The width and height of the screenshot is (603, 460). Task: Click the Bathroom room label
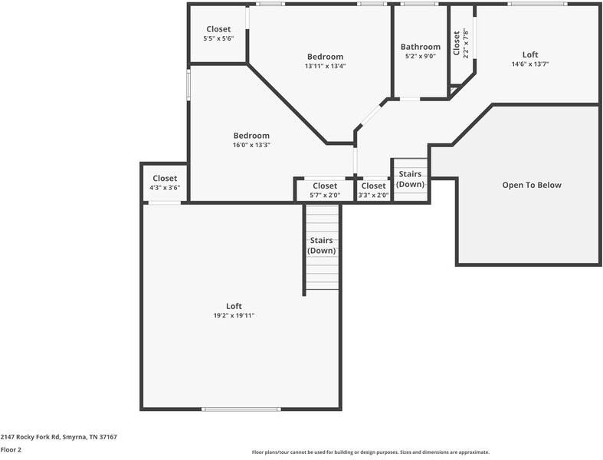tap(421, 47)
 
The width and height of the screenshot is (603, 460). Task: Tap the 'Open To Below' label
tap(531, 185)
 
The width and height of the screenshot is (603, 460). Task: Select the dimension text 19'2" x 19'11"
tap(234, 315)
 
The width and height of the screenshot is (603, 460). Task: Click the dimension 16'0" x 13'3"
tap(251, 145)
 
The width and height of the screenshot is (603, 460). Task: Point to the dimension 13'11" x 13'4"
tap(325, 66)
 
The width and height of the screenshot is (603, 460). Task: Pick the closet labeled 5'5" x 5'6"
tap(218, 34)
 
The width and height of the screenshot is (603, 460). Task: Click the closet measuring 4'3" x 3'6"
tap(165, 183)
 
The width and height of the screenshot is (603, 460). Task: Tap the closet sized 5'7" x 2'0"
tap(324, 190)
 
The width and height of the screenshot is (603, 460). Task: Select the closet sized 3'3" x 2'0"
tap(373, 190)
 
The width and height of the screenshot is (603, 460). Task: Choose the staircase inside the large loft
tap(322, 247)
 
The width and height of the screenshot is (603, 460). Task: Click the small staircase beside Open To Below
tap(410, 179)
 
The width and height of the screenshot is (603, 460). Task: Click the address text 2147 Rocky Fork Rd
tap(58, 436)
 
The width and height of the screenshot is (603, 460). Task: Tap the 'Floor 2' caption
tap(11, 449)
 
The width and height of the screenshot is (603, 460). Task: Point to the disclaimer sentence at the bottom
tap(370, 452)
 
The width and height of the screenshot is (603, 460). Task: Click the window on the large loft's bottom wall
tap(241, 409)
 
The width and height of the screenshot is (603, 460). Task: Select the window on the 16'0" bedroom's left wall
tap(188, 85)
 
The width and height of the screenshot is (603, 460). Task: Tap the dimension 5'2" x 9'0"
tap(421, 56)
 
